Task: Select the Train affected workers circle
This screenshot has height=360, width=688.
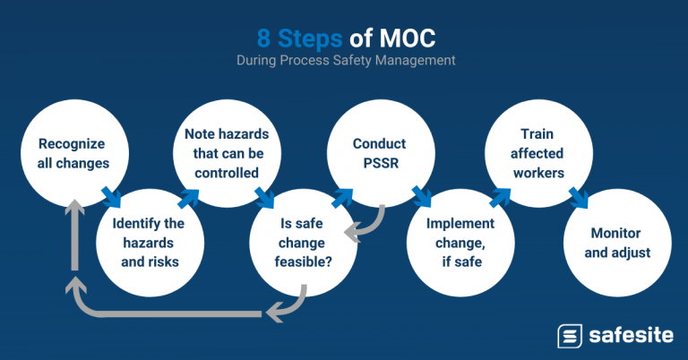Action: coord(534,154)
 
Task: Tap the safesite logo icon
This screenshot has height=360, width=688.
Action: coord(570,335)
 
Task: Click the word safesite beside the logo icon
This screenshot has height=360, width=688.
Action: coord(631,335)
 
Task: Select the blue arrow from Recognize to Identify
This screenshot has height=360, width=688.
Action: coord(109,194)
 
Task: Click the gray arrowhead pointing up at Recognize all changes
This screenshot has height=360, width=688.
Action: coord(76,207)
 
